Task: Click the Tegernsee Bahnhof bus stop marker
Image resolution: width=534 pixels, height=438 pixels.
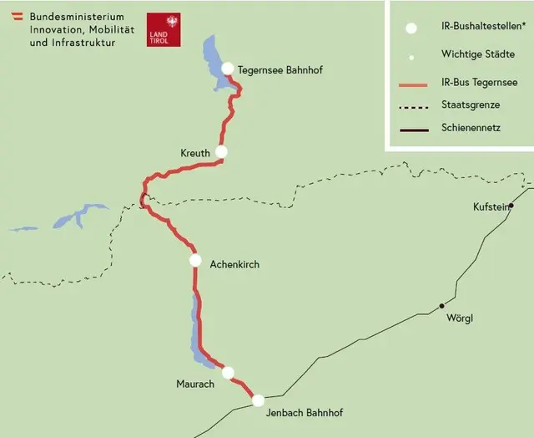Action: pos(227,68)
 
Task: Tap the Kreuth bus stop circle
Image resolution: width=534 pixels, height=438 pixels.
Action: pos(221,151)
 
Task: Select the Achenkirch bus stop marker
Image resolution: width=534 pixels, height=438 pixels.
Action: pos(195,260)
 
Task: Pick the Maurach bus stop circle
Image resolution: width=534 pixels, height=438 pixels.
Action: pos(228,373)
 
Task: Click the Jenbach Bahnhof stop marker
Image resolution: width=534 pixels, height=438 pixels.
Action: pos(259,400)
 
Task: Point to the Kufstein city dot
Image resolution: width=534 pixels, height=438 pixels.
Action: pos(511,206)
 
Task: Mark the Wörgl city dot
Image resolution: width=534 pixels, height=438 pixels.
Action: pos(442,306)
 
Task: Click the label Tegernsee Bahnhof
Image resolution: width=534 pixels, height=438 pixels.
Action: pos(280,70)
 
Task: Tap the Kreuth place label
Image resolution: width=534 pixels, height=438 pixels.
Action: pos(195,153)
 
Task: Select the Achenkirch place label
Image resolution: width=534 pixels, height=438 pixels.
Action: pos(234,264)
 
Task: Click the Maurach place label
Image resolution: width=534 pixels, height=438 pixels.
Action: pos(195,384)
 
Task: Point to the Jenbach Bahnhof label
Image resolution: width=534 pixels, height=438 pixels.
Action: pos(304,413)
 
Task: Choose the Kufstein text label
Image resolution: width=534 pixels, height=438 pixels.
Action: pos(490,206)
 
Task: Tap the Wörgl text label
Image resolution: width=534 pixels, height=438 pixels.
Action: pos(459,318)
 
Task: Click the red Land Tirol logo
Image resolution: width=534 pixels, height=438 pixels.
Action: pos(162,29)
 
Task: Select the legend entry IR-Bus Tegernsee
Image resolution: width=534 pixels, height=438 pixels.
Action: pos(479,83)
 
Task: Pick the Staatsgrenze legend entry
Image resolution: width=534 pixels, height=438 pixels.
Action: pos(471,105)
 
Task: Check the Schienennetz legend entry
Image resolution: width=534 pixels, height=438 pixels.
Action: pos(470,128)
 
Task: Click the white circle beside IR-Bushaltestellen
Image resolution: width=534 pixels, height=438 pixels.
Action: pos(411,28)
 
